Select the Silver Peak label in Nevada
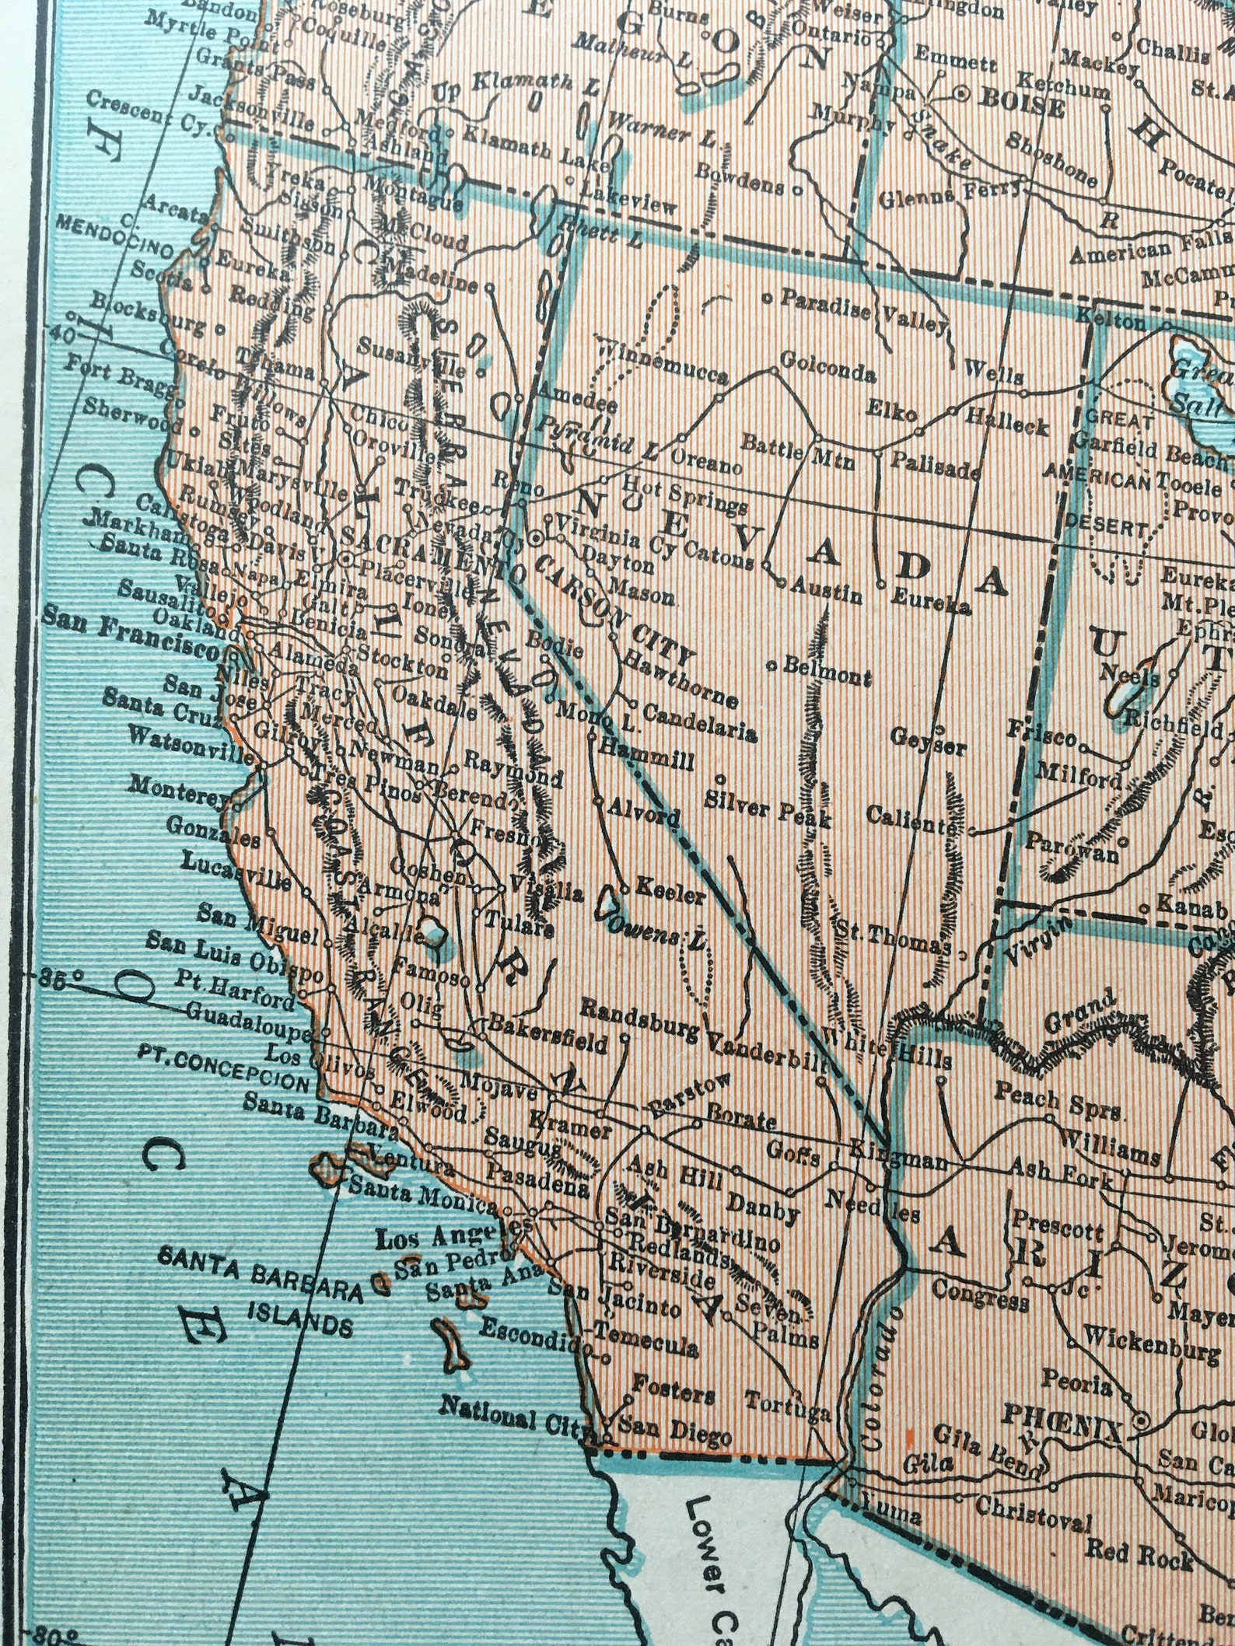coord(768,809)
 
